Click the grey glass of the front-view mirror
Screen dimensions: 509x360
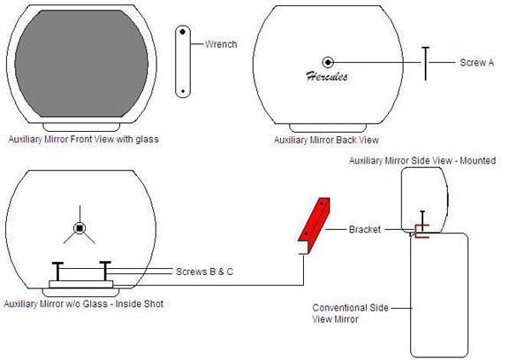[81, 64]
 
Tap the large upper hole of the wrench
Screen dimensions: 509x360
[182, 32]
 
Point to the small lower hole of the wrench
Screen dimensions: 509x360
[182, 91]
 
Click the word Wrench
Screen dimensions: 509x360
[221, 44]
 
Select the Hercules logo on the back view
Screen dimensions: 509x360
[327, 76]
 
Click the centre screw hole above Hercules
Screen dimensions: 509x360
[328, 62]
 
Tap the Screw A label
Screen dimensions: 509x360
[477, 63]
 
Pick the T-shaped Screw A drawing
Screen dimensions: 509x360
[426, 64]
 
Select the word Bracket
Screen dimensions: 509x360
[365, 229]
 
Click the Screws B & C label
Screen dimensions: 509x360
[204, 272]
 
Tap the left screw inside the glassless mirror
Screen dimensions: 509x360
[57, 271]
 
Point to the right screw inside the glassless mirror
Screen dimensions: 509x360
[105, 271]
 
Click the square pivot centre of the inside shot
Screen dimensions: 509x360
[80, 228]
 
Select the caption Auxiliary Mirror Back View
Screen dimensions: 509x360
[327, 140]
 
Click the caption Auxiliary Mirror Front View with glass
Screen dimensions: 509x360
[83, 140]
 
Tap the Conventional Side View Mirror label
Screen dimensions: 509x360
[351, 313]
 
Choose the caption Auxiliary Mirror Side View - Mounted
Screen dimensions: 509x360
[422, 160]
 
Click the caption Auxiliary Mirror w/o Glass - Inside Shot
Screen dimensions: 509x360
[83, 304]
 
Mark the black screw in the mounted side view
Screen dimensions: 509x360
[422, 221]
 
